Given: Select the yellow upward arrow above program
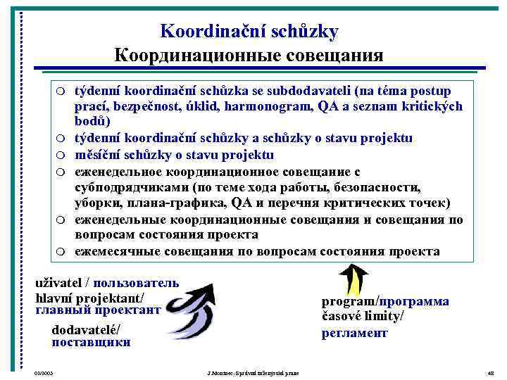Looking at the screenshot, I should tap(356, 279).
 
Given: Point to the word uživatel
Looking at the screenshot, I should tap(58, 284).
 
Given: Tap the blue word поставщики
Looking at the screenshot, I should tap(91, 343).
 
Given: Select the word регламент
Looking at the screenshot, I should tap(355, 334).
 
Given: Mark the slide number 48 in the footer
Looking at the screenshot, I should tap(491, 372).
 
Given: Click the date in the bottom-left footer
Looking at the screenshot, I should tap(44, 372).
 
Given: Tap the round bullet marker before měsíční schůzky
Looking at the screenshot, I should tap(61, 156).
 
